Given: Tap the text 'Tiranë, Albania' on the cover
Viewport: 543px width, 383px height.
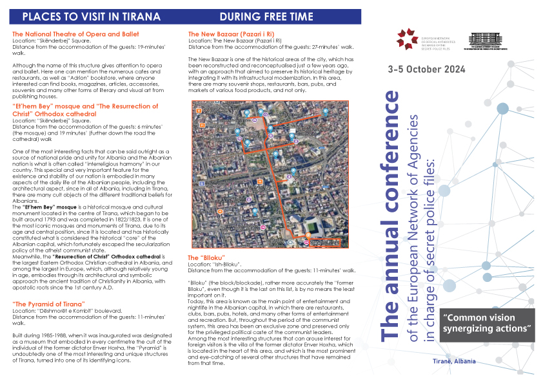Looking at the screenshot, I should coord(455,361).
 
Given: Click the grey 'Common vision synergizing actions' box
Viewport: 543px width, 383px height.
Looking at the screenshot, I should coord(487,324).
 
